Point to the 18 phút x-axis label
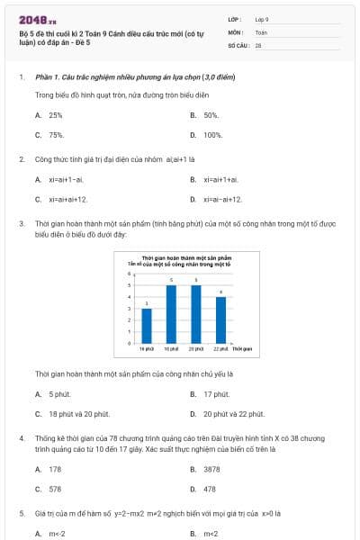[171, 348]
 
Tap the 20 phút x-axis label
[196, 348]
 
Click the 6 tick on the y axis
[131, 274]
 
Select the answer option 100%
[212, 135]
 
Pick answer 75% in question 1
[56, 135]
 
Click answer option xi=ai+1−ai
[67, 180]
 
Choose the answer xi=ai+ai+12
[68, 199]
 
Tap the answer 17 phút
[216, 394]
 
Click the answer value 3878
[211, 469]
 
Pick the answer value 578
[56, 489]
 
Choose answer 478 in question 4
[210, 489]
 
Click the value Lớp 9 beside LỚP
[262, 18]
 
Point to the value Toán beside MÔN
[262, 31]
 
